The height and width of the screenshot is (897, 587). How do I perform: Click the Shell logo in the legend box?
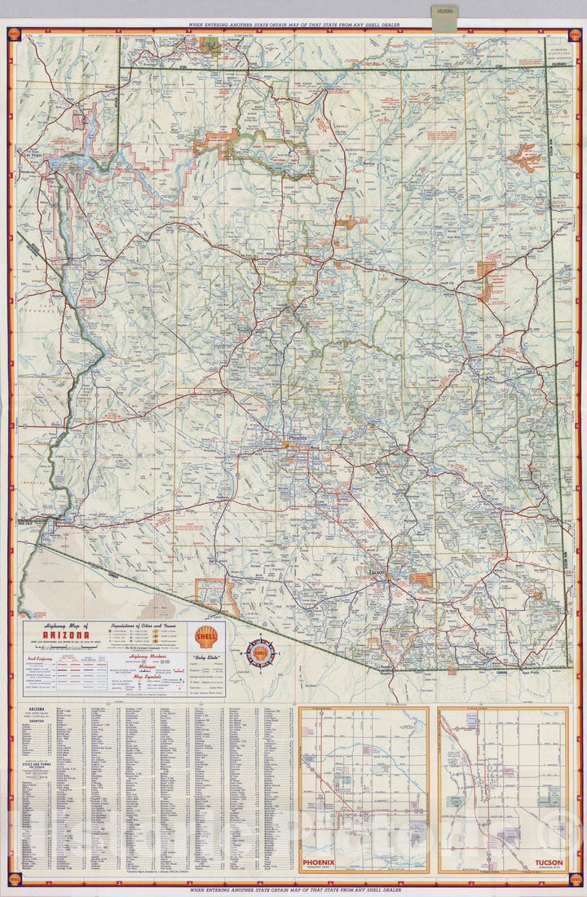pos(206,636)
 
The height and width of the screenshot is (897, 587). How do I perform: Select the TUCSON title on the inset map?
pos(549,861)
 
